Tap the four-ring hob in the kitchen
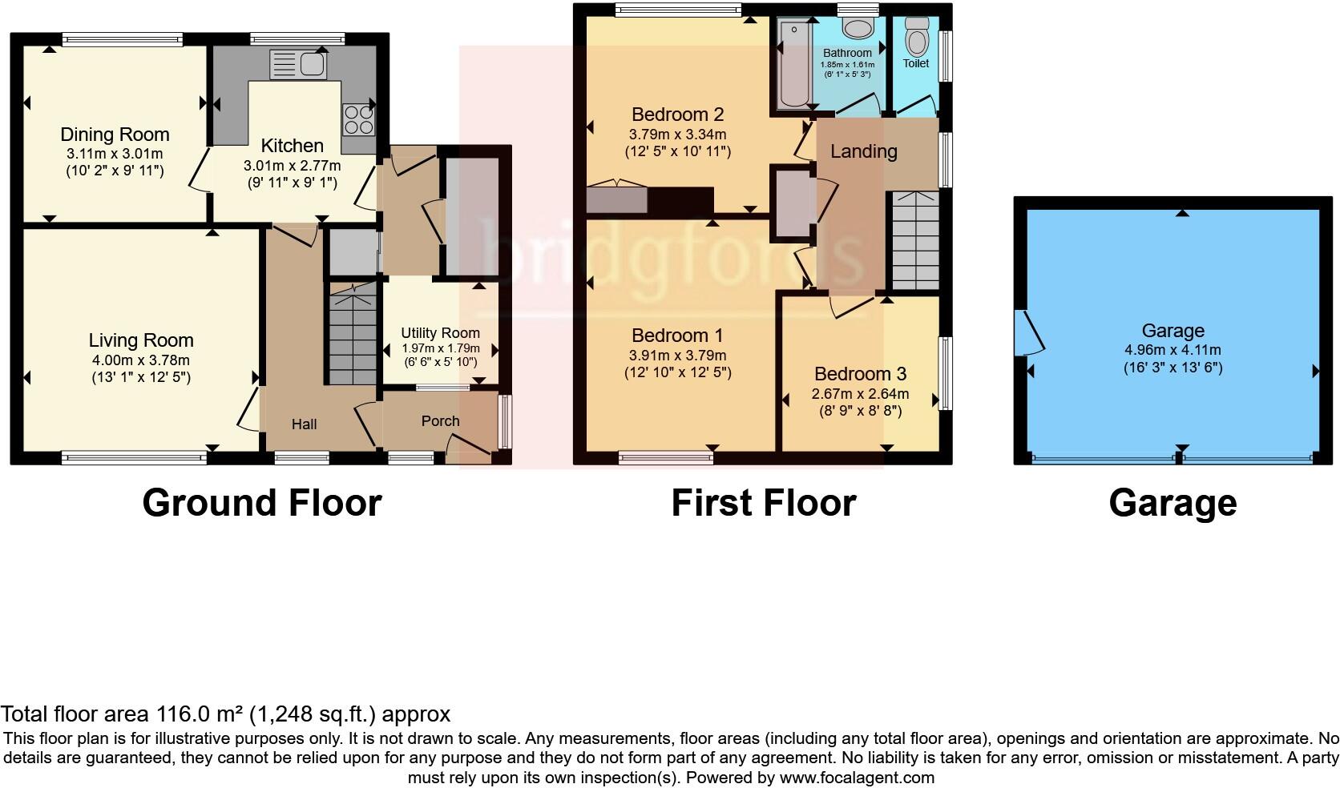pyautogui.click(x=359, y=119)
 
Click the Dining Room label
pyautogui.click(x=115, y=135)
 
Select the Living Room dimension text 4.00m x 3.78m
pyautogui.click(x=141, y=360)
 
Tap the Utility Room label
pyautogui.click(x=440, y=332)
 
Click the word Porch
pyautogui.click(x=440, y=420)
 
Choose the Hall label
pyautogui.click(x=304, y=424)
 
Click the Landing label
pyautogui.click(x=863, y=151)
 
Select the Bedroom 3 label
pyautogui.click(x=860, y=374)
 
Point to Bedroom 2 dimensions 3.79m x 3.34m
pyautogui.click(x=677, y=135)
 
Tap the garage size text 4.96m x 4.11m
pyautogui.click(x=1172, y=350)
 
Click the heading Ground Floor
pyautogui.click(x=261, y=503)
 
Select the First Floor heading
pyautogui.click(x=763, y=503)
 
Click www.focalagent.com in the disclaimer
pyautogui.click(x=856, y=777)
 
